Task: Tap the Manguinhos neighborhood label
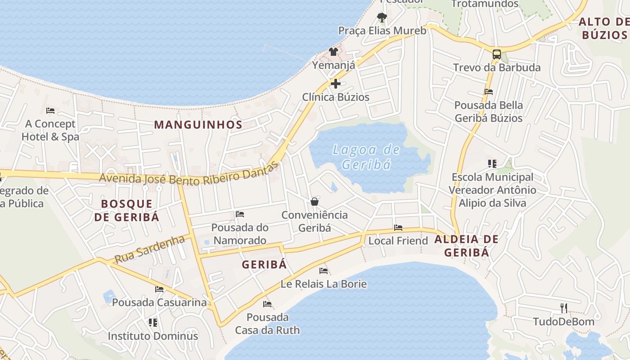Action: click(198, 125)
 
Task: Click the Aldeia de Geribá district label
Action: click(467, 246)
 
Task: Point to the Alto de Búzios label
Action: click(603, 28)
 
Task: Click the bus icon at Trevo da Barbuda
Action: click(497, 54)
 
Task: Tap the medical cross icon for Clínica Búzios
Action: click(335, 84)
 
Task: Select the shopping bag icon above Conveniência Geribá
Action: click(315, 201)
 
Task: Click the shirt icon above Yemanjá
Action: click(333, 52)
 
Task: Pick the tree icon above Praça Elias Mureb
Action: click(382, 18)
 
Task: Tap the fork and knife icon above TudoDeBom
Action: click(563, 308)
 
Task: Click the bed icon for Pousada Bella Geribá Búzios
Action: click(489, 92)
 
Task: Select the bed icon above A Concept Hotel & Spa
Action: click(50, 110)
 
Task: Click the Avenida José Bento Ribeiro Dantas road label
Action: click(189, 175)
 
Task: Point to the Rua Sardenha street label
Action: click(149, 249)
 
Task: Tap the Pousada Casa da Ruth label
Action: click(267, 324)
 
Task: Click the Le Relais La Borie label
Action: click(324, 284)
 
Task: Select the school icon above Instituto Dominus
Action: click(153, 322)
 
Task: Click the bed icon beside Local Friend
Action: click(398, 228)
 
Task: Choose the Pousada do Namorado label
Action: click(240, 234)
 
